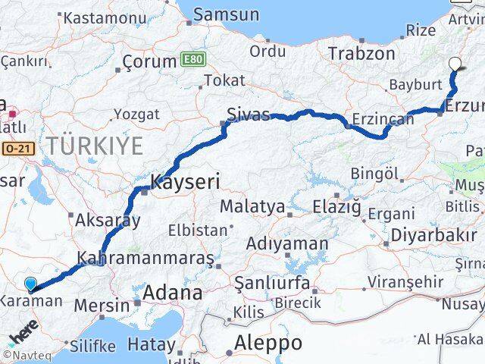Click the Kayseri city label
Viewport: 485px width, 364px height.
[185, 182]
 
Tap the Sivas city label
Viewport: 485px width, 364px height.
[248, 115]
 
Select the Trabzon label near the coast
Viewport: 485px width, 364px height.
[361, 54]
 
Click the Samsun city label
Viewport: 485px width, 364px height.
[226, 14]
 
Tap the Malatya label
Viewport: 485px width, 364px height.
[252, 206]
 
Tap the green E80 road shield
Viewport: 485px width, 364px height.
[192, 58]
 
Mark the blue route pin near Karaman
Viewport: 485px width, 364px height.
[30, 284]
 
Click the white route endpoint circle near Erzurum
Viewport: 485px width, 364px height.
[455, 64]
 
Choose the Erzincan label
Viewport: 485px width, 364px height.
[383, 119]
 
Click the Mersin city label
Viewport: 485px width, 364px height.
[102, 306]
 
